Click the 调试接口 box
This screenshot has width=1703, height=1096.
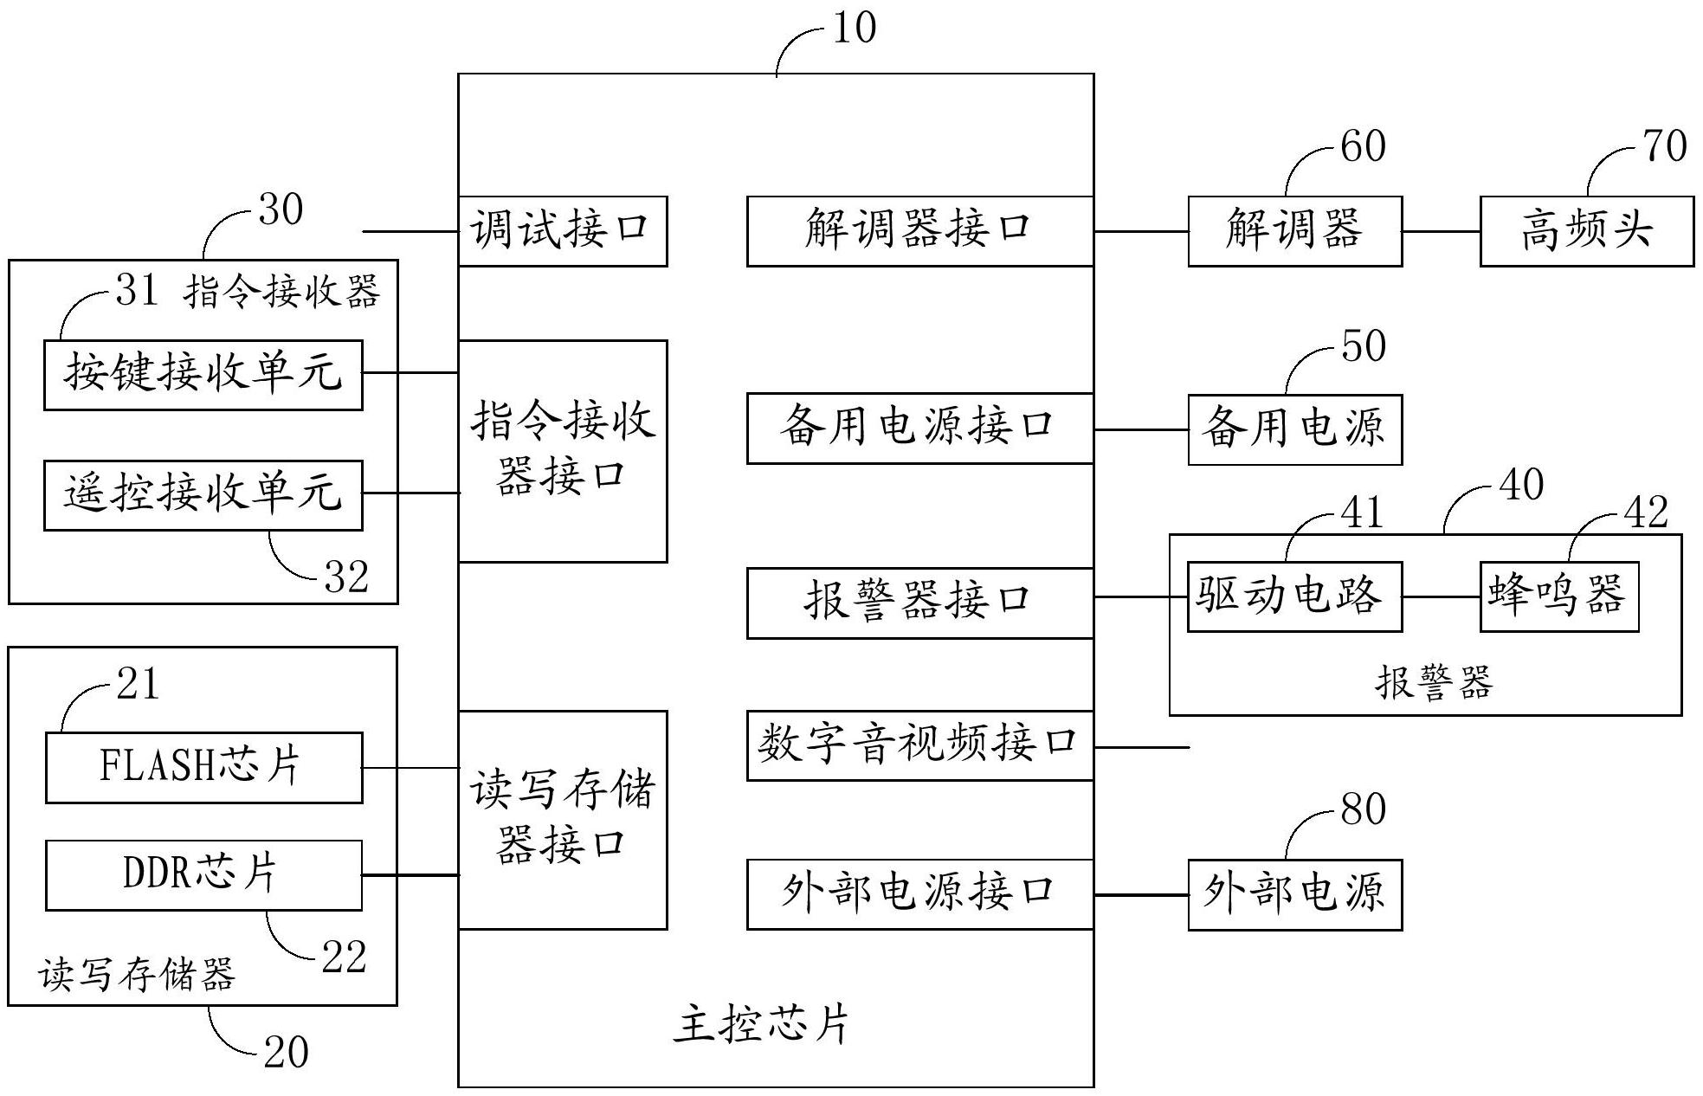click(562, 231)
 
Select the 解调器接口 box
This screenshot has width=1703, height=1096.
click(919, 231)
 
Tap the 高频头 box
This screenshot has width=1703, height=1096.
click(1586, 231)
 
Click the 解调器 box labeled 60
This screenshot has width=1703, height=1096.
click(1294, 231)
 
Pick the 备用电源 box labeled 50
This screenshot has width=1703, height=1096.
click(1294, 429)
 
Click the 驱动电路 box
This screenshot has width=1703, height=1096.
click(1294, 596)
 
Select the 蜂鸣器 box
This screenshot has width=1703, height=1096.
click(1558, 596)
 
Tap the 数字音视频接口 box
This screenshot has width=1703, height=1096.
click(919, 745)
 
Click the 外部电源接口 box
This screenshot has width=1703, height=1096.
click(919, 894)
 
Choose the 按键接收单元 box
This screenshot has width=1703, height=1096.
click(203, 375)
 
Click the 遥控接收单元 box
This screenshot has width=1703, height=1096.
click(203, 494)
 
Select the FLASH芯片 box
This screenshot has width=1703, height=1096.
click(203, 768)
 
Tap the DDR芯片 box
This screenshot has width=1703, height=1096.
click(203, 875)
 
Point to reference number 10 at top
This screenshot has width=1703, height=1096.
click(855, 28)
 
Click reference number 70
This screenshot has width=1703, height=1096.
click(1664, 145)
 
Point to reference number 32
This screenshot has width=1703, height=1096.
click(346, 577)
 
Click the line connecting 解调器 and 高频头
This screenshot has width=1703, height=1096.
click(1441, 231)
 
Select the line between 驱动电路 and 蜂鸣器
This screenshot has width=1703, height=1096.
click(1441, 596)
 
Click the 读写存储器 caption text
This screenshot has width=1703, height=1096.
click(137, 975)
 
